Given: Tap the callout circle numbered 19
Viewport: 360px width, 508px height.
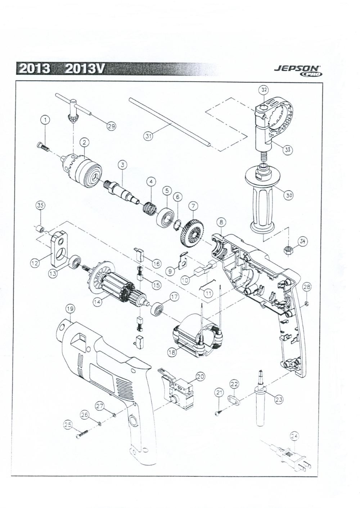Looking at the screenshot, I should click(70, 309).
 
